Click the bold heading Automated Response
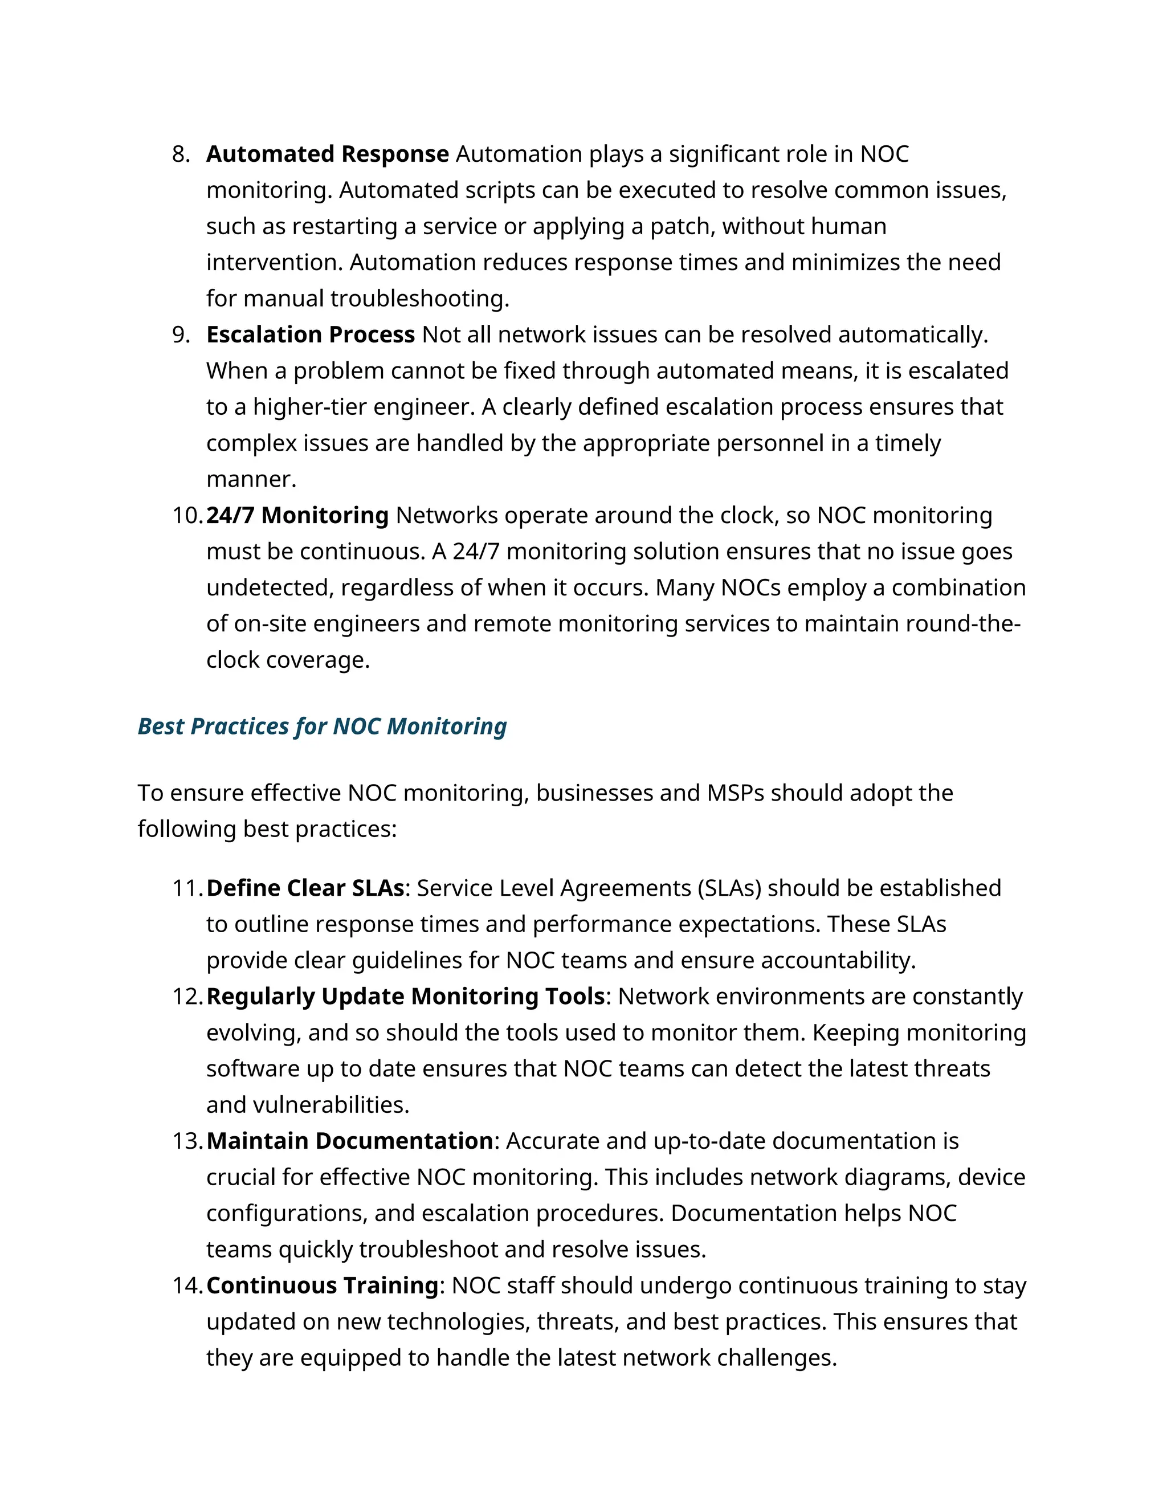pyautogui.click(x=327, y=153)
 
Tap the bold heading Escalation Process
pyautogui.click(x=310, y=334)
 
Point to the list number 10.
pyautogui.click(x=187, y=516)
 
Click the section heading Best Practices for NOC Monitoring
pyautogui.click(x=321, y=726)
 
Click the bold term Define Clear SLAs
pyautogui.click(x=305, y=888)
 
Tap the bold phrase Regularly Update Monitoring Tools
pyautogui.click(x=406, y=996)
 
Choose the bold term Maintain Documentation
pyautogui.click(x=350, y=1141)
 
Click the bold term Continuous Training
pyautogui.click(x=322, y=1285)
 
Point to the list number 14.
pyautogui.click(x=187, y=1286)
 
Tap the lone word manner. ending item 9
pyautogui.click(x=251, y=479)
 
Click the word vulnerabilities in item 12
pyautogui.click(x=330, y=1105)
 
